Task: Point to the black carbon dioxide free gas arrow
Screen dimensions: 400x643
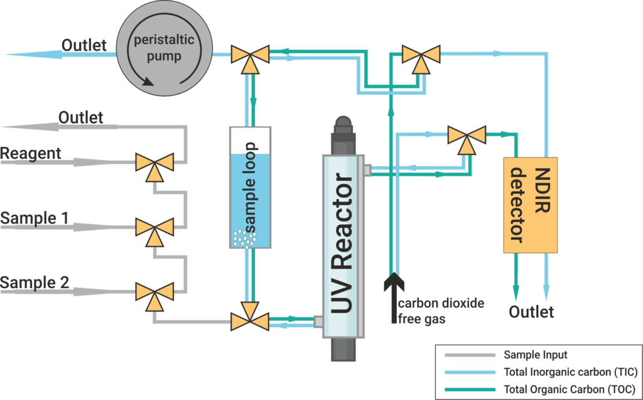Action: [x=392, y=289]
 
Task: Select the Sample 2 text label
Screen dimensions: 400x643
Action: [x=35, y=283]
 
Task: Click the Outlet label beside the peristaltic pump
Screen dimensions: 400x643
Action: [x=84, y=45]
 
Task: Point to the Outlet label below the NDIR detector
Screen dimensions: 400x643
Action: [x=531, y=312]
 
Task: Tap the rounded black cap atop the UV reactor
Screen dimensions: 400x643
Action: [x=343, y=126]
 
